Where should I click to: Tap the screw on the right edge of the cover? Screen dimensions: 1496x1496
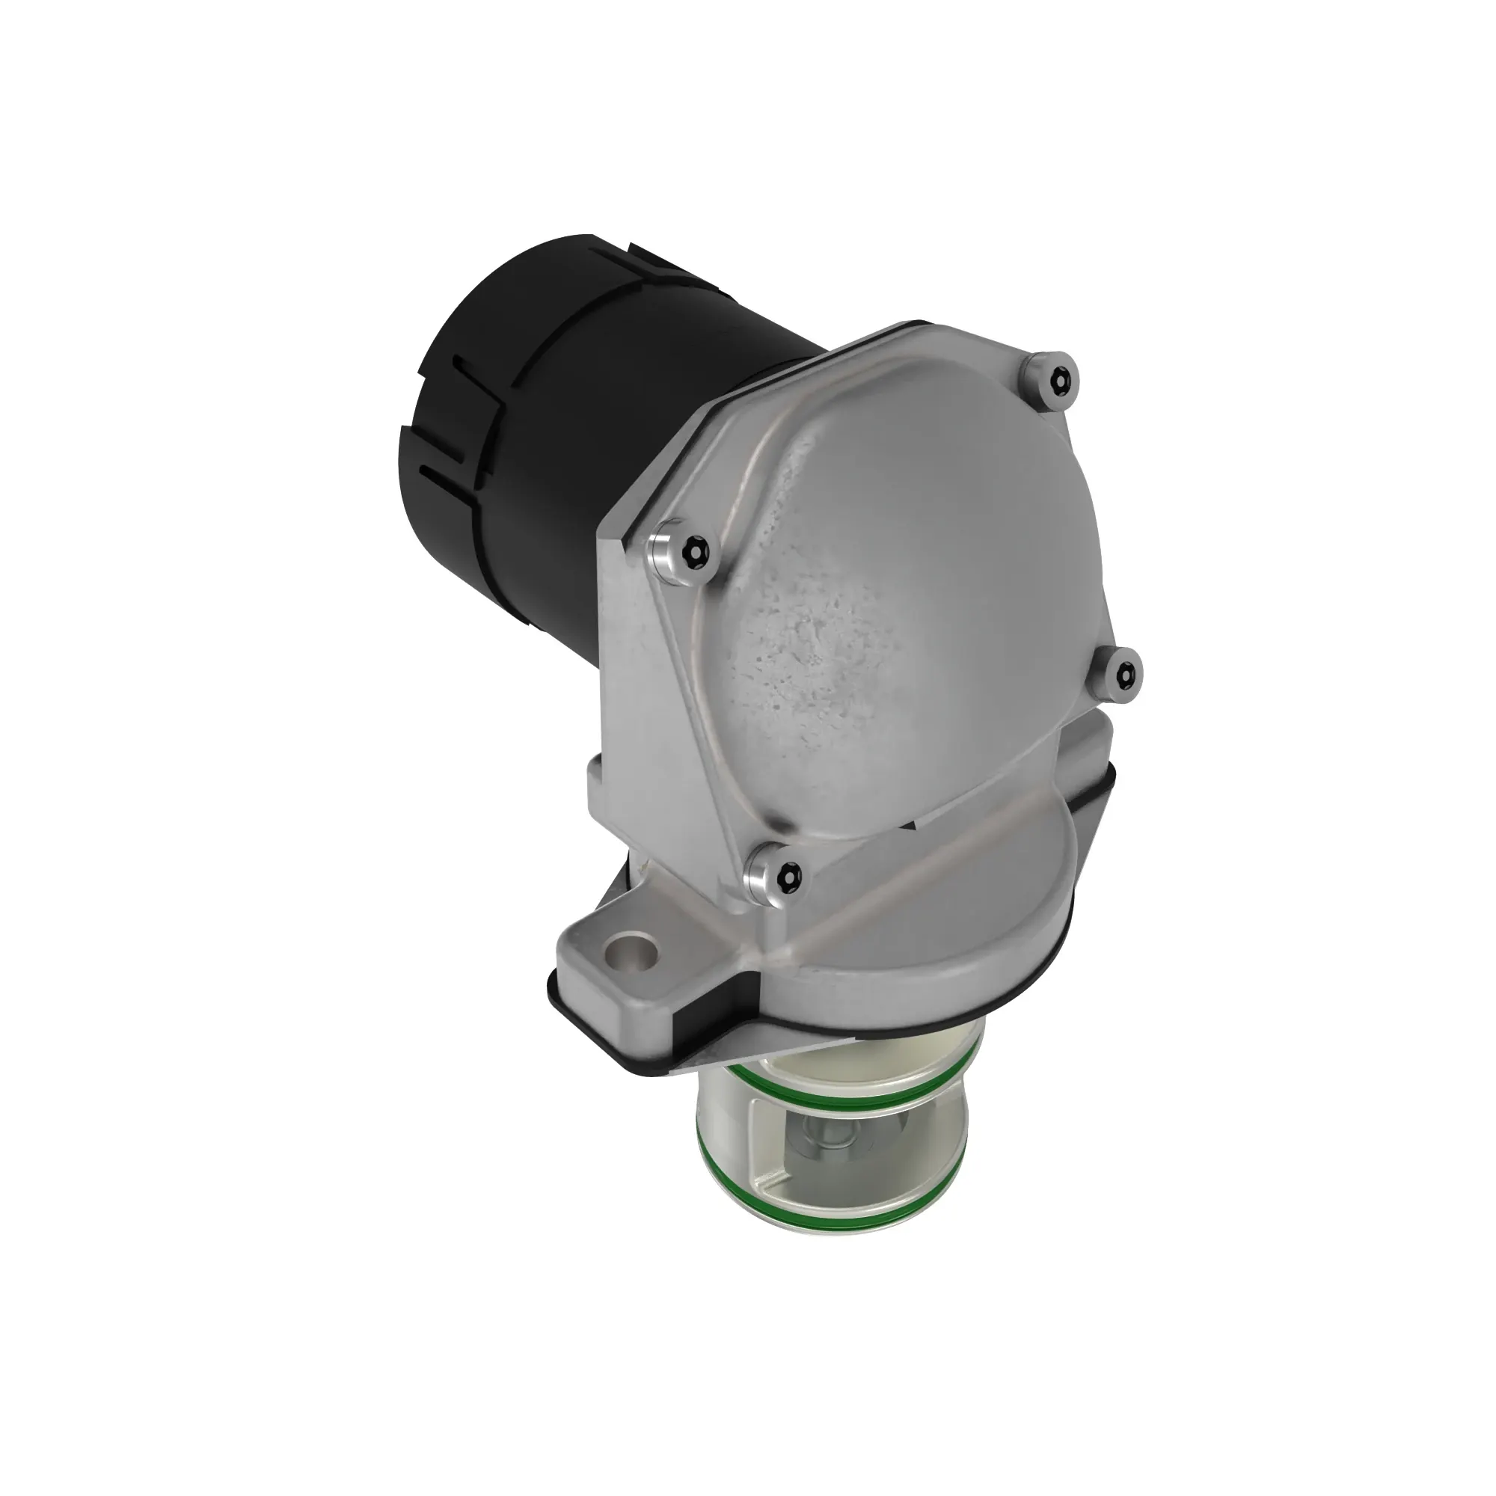(x=1120, y=674)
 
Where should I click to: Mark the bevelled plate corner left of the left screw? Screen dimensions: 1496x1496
(x=619, y=534)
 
